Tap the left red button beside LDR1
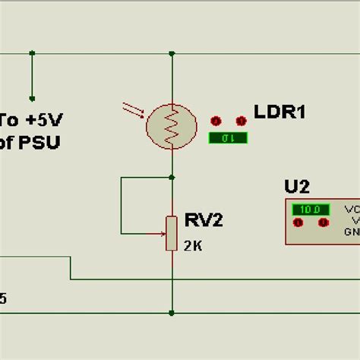215,121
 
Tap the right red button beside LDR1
242,121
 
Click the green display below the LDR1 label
227,137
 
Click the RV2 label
203,221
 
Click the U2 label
297,187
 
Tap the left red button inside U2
298,223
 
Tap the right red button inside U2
324,223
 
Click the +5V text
42,121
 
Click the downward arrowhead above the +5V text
32,97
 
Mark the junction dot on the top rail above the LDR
172,54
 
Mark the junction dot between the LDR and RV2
172,178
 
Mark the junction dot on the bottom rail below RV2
172,312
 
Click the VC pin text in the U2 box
352,209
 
